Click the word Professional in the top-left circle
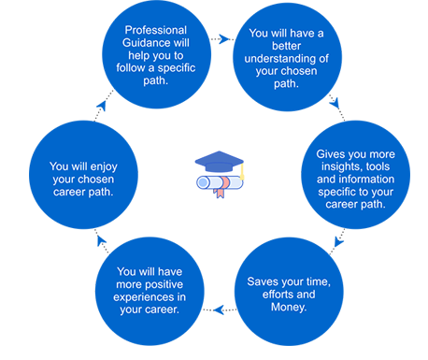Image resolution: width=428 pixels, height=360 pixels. click(156, 30)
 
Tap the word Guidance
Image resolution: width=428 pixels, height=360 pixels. click(143, 43)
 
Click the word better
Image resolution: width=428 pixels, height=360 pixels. click(286, 46)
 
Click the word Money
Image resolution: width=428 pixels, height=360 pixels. click(289, 307)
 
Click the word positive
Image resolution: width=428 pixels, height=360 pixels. click(164, 284)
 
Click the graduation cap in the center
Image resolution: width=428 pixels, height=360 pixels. click(220, 162)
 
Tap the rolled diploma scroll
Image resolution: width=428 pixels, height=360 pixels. click(220, 182)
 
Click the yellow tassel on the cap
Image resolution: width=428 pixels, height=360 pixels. click(242, 172)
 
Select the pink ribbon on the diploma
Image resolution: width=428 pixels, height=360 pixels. click(221, 187)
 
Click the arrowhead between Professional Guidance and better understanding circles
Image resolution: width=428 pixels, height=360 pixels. click(224, 39)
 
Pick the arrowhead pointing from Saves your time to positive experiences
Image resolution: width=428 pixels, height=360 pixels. click(219, 310)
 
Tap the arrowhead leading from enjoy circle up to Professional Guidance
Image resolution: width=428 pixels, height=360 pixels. click(102, 106)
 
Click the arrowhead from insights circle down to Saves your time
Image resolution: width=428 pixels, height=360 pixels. click(338, 241)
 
